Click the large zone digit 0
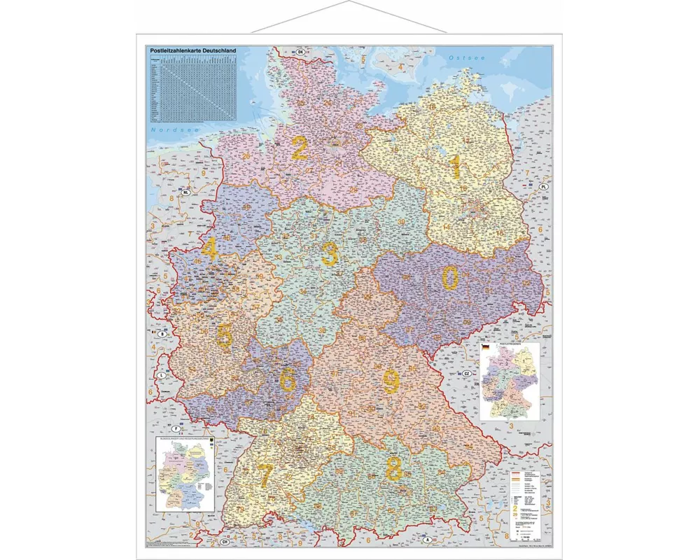[451, 278]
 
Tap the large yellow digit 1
[456, 167]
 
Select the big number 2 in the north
[300, 148]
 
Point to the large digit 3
[329, 255]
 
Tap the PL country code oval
[542, 188]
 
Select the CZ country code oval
[465, 374]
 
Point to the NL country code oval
[186, 191]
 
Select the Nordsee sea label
[166, 130]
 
